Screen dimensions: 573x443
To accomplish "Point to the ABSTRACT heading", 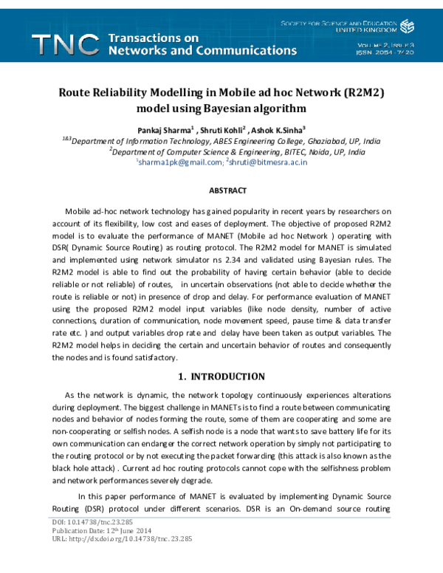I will [227, 191].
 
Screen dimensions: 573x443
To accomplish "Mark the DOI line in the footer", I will [78, 542].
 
